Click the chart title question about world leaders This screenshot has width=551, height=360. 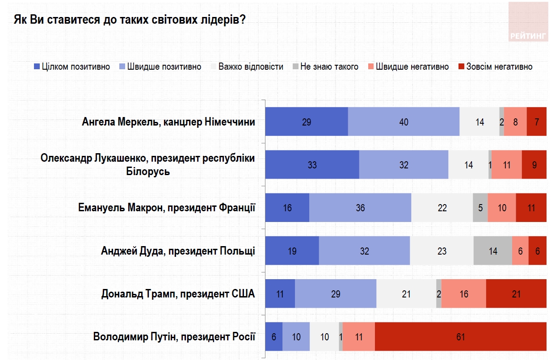pos(130,21)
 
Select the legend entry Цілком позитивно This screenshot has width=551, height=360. pos(72,67)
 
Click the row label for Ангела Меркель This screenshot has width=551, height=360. pos(168,122)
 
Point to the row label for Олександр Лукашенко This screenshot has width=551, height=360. pos(147,164)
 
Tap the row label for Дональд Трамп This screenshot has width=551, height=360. pos(178,294)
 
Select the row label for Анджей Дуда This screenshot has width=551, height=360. pos(178,251)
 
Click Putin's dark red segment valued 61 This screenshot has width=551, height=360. pos(460,336)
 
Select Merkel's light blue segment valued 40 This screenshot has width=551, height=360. pos(404,121)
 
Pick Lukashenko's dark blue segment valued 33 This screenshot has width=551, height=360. pos(312,165)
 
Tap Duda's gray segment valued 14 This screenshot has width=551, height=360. pos(493,251)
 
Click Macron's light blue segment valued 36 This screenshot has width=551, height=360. pos(360,208)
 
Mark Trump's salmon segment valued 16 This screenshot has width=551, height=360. pos(464,294)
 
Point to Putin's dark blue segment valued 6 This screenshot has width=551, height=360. pos(273,336)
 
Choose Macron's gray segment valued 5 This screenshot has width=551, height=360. pos(480,208)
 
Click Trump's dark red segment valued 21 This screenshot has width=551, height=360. pos(516,294)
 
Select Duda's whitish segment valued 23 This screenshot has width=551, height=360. pos(442,251)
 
